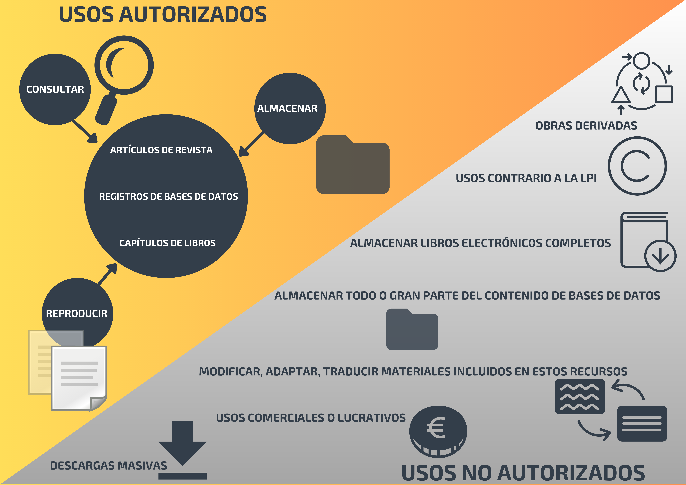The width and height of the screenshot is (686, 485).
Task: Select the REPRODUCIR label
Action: coord(77,313)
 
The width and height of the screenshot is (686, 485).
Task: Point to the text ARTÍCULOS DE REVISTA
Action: coord(161,150)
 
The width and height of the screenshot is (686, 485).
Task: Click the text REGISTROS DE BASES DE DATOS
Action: coord(168,197)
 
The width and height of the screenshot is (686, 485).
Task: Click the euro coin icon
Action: coord(438,430)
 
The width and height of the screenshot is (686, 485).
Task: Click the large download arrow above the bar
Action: coord(183,442)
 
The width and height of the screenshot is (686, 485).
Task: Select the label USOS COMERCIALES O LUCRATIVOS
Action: coord(311,418)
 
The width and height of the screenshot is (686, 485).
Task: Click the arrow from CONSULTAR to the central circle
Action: coord(85,131)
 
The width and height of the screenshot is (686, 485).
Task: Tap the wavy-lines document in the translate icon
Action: coord(580,397)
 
